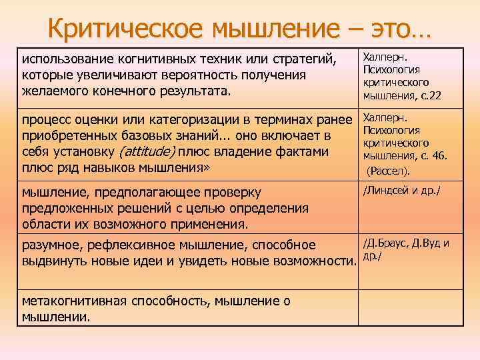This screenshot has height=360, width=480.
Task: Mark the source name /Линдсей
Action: click(x=389, y=192)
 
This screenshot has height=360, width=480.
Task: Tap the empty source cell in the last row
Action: click(x=411, y=307)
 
